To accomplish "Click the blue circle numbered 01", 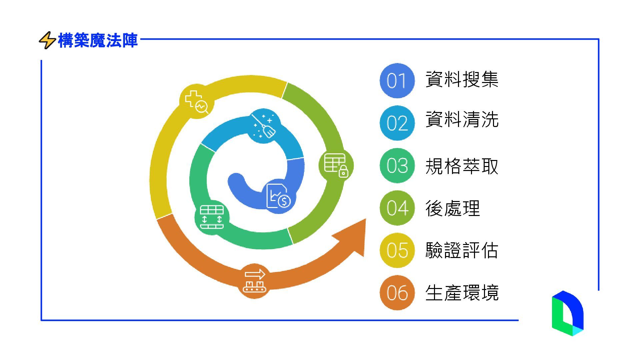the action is (397, 81).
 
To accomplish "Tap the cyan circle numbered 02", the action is (397, 123).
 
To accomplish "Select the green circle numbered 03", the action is (397, 165).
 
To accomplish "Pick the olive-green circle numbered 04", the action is (397, 208).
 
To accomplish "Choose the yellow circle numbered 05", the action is (397, 250).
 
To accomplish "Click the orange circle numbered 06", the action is (397, 292).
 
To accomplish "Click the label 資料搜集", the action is (462, 80).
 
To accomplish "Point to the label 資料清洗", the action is (462, 119).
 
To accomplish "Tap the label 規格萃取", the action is (462, 166).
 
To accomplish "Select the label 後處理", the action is (452, 208).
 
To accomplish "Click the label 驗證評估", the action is (462, 250).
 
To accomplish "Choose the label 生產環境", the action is (462, 293).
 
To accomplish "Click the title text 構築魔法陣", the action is (98, 41).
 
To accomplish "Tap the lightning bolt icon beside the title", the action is (47, 40).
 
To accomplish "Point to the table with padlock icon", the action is (336, 165).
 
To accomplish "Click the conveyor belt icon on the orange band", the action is (255, 281).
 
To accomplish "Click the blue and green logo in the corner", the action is (567, 313).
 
